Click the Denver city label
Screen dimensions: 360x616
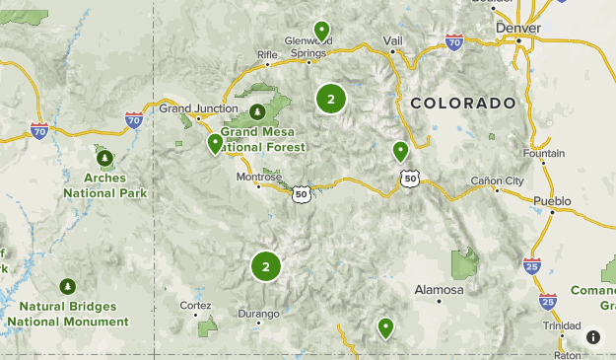coord(518,29)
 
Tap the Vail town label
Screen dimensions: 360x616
coord(392,40)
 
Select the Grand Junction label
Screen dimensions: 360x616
coord(199,108)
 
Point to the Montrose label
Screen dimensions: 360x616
coord(258,178)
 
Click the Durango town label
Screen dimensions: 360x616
coord(259,314)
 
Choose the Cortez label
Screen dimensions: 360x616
coord(195,305)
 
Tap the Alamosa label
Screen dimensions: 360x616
coord(438,290)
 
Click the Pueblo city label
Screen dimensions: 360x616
coord(552,201)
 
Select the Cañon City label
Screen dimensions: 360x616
coord(498,180)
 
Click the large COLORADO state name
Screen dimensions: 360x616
coord(463,103)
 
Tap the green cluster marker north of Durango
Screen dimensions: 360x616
coord(266,265)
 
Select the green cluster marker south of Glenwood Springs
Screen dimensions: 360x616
coord(331,99)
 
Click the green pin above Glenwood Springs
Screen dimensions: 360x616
coord(320,30)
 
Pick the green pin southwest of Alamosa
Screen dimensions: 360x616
coord(385,326)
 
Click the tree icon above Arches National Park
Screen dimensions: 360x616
coord(103,157)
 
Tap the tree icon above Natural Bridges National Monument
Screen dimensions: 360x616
coord(67,286)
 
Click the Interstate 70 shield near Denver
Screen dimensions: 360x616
coord(453,42)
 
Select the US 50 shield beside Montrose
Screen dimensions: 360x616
coord(302,194)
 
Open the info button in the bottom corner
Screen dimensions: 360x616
coord(592,336)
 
